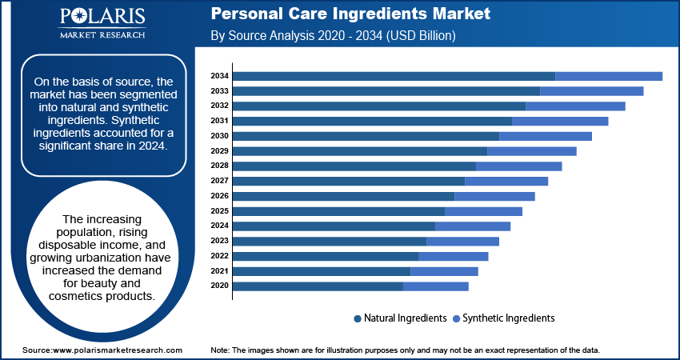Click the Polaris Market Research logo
[x=102, y=24]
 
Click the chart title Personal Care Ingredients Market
[x=350, y=14]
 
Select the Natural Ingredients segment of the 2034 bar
[x=394, y=76]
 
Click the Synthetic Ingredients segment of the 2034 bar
[x=608, y=76]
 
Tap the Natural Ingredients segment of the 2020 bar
[x=318, y=286]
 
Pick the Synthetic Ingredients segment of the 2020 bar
[x=435, y=286]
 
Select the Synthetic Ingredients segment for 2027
[x=506, y=181]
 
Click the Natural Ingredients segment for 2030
[x=366, y=136]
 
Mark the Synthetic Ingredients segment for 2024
[x=472, y=226]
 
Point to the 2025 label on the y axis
[x=219, y=211]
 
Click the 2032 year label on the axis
[x=219, y=106]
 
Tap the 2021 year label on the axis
[x=219, y=271]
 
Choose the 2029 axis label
[x=219, y=151]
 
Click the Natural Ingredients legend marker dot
[x=358, y=318]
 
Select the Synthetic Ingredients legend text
[x=508, y=318]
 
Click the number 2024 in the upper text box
[x=151, y=146]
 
